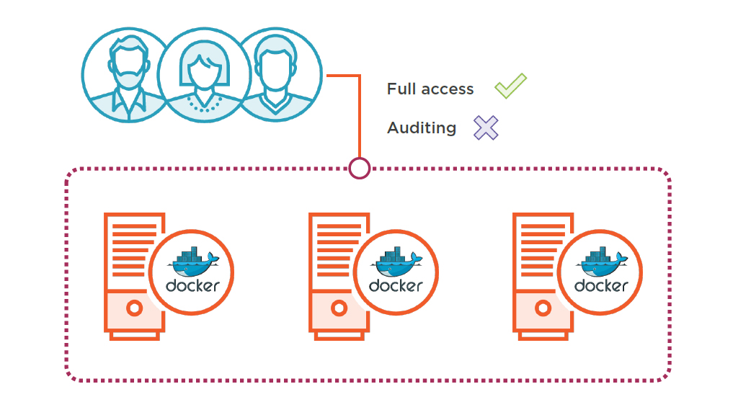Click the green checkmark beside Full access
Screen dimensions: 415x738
coord(510,86)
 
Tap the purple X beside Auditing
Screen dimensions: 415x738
coord(486,128)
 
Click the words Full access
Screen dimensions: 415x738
coord(430,89)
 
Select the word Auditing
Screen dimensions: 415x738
coord(422,128)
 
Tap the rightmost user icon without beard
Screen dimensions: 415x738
coord(276,72)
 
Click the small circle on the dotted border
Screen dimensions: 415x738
coord(359,168)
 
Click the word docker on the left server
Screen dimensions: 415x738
coord(192,285)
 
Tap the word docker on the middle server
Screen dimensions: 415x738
coord(396,285)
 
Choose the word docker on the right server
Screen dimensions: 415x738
coord(601,285)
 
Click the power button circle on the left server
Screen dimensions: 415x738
coord(133,308)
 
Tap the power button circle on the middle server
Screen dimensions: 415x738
coord(338,308)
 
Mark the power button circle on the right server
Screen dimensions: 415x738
coord(543,308)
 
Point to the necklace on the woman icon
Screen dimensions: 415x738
coord(204,106)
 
